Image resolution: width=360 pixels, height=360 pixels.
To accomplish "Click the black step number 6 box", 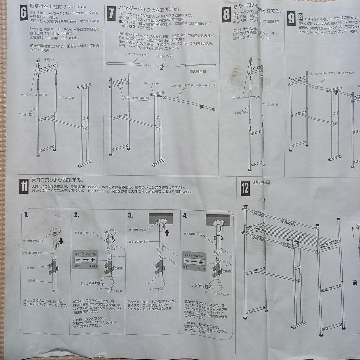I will (x=24, y=13).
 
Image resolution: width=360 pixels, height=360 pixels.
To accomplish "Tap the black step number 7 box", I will (x=111, y=14).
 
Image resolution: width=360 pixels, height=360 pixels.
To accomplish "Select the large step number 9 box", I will (x=291, y=19).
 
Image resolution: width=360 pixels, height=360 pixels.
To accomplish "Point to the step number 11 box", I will (x=24, y=186).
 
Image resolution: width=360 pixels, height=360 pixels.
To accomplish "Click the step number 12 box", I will (x=245, y=189).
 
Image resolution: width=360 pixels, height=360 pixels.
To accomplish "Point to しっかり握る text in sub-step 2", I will (x=93, y=284).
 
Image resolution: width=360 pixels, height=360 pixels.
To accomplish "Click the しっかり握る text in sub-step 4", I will (x=201, y=286).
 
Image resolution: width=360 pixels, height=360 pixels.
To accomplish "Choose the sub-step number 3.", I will (x=130, y=215).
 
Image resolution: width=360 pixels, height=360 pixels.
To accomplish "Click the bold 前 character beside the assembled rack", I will (x=355, y=283).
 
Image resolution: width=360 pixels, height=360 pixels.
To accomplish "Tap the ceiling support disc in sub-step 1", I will (x=55, y=231).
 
